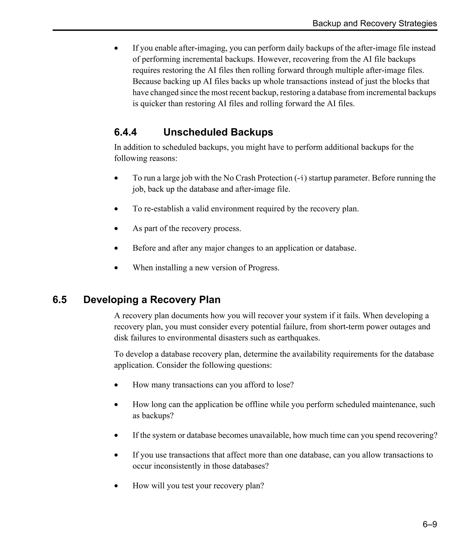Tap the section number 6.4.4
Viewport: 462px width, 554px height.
click(125, 132)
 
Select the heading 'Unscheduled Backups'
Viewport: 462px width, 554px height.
click(218, 132)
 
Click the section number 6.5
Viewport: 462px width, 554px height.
click(60, 300)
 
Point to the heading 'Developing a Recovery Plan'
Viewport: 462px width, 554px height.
click(152, 300)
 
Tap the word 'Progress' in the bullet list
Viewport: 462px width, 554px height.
click(263, 268)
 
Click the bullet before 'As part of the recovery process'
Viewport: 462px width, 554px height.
click(116, 229)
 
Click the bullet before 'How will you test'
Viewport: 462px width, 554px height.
click(116, 486)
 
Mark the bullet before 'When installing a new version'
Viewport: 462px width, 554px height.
click(116, 268)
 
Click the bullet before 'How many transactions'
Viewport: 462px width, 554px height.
click(116, 385)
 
